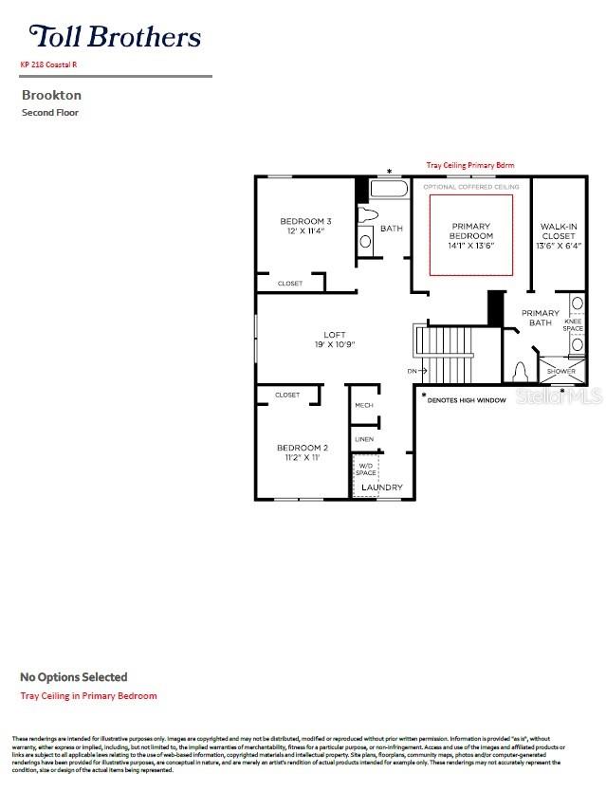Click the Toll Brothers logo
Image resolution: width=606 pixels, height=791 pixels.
pos(115,37)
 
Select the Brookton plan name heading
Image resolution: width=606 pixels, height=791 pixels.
pos(51,95)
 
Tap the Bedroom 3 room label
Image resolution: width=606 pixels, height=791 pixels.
pos(305,226)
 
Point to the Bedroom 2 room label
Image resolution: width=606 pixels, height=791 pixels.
pos(303,452)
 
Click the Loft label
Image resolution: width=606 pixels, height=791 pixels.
pos(334,339)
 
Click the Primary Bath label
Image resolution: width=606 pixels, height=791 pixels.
pos(541,318)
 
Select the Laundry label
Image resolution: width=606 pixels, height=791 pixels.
pos(381,487)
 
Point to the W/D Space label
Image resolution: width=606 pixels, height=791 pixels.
pos(366,469)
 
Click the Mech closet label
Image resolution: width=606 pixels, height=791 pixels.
pos(364,405)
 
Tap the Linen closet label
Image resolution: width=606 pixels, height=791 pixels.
pos(364,439)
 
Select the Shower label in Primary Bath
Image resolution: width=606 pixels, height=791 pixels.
pos(561,371)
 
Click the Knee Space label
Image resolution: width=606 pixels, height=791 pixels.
pos(574,325)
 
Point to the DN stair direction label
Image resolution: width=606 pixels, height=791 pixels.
pos(412,371)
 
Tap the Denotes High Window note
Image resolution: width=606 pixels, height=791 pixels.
pos(467,400)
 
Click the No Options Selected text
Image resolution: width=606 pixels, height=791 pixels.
pos(74,677)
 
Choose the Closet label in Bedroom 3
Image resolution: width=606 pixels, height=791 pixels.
pos(290,283)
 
